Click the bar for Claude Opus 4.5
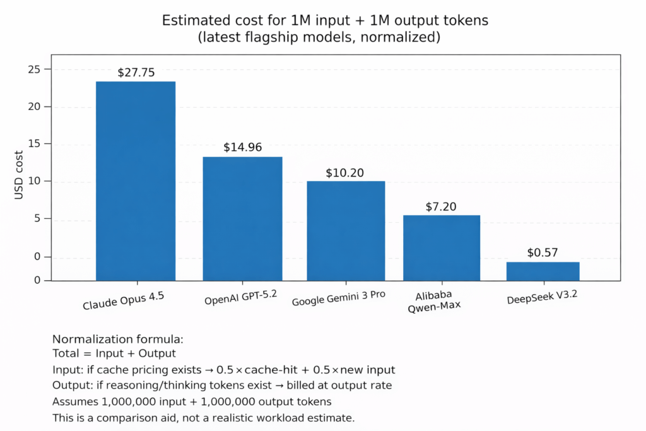[x=136, y=180]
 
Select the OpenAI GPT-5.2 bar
[x=242, y=218]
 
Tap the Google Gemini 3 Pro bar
[x=346, y=230]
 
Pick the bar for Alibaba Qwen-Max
[x=442, y=247]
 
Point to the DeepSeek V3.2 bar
[x=543, y=271]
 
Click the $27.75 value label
[x=136, y=73]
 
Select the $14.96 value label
[x=242, y=148]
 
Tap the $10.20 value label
[x=345, y=172]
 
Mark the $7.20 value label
[x=441, y=206]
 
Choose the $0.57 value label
[x=543, y=253]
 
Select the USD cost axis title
[x=19, y=175]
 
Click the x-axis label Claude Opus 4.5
[x=124, y=300]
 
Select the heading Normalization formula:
[x=117, y=339]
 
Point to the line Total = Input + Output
[x=114, y=354]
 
